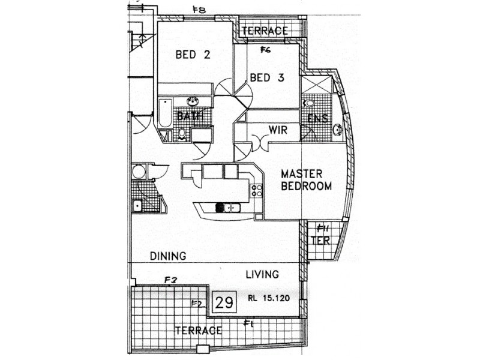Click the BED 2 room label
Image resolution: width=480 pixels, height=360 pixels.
(193, 55)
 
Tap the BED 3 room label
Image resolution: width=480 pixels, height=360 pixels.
(266, 77)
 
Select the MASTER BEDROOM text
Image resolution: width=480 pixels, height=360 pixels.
(306, 180)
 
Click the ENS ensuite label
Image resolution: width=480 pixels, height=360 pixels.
(317, 118)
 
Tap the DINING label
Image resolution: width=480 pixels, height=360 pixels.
(167, 256)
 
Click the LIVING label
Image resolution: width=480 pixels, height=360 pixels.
(262, 274)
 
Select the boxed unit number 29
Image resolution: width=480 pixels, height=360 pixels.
(224, 302)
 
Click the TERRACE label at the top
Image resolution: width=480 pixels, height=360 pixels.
(265, 31)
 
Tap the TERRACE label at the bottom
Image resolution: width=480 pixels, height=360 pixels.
(198, 330)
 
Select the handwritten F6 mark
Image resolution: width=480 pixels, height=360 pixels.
(265, 50)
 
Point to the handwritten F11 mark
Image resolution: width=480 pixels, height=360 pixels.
(322, 227)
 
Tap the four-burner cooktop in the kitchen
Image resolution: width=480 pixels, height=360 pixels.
(257, 191)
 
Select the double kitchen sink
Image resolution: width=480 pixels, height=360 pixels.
(227, 208)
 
